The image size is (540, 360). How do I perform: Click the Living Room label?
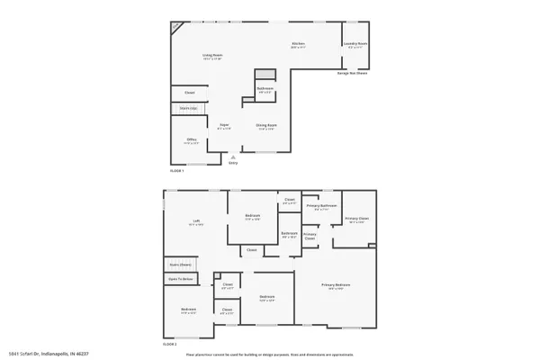pyautogui.click(x=211, y=56)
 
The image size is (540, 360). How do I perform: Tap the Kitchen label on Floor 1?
pyautogui.click(x=297, y=44)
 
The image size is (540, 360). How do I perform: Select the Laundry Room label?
pyautogui.click(x=355, y=44)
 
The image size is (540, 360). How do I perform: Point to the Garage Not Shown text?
pyautogui.click(x=353, y=74)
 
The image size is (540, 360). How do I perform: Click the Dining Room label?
pyautogui.click(x=266, y=126)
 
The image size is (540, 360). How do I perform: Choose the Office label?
pyautogui.click(x=191, y=139)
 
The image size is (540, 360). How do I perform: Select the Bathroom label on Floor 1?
pyautogui.click(x=265, y=88)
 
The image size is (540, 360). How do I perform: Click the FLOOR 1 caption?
pyautogui.click(x=177, y=169)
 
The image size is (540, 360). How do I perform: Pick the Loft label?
pyautogui.click(x=195, y=221)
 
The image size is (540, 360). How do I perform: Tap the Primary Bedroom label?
pyautogui.click(x=336, y=285)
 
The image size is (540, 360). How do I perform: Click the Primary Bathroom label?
pyautogui.click(x=321, y=206)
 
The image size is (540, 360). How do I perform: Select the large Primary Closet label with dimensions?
pyautogui.click(x=356, y=219)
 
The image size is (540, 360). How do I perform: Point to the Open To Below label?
pyautogui.click(x=180, y=279)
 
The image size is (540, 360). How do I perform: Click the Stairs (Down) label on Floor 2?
pyautogui.click(x=180, y=265)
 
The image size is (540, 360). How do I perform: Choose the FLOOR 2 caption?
pyautogui.click(x=169, y=344)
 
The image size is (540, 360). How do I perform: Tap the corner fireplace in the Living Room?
pyautogui.click(x=176, y=26)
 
